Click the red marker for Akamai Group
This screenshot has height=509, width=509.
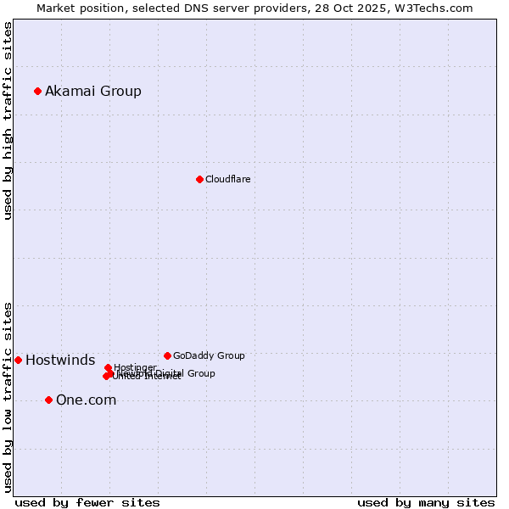(x=37, y=91)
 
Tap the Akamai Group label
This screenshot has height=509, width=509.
(x=93, y=92)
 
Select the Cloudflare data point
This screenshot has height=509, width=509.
(x=199, y=179)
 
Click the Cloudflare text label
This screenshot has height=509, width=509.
(x=227, y=179)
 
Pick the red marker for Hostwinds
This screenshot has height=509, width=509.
(x=18, y=361)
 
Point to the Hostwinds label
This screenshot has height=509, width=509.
(x=60, y=361)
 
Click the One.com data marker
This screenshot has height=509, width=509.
(x=48, y=400)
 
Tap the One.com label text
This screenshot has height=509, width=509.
(x=86, y=400)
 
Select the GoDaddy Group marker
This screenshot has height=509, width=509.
(x=167, y=355)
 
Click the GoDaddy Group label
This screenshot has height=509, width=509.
(x=209, y=355)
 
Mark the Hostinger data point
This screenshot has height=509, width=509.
(x=108, y=367)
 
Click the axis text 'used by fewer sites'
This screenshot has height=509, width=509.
(x=87, y=502)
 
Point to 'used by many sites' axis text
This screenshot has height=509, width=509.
(x=426, y=502)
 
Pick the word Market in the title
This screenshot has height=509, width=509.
(x=56, y=8)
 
